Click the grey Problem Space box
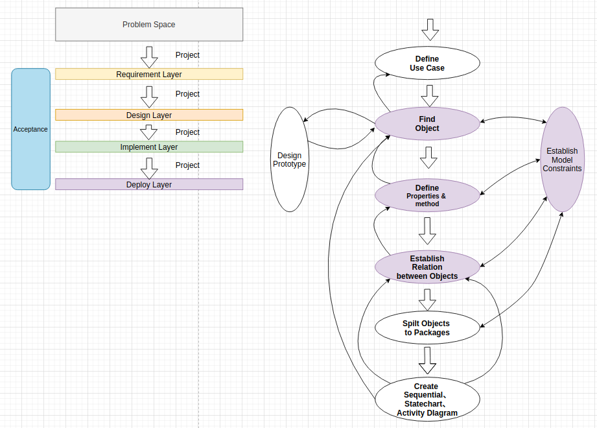pos(149,25)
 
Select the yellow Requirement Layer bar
pos(149,74)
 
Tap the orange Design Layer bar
pos(149,115)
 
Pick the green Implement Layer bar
pos(149,147)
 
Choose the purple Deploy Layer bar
pos(149,184)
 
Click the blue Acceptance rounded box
pos(30,129)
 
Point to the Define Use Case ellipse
pos(427,64)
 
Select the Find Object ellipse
pos(427,124)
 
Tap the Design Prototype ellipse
pos(289,160)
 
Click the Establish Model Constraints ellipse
pos(562,160)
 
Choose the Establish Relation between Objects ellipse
pos(427,267)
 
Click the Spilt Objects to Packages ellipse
pos(427,328)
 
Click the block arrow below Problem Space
pos(150,57)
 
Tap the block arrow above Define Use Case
pos(430,29)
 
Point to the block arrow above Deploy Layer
pos(150,168)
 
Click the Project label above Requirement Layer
pos(188,55)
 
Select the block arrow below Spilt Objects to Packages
pos(427,357)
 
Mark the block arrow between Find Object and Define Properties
pos(427,158)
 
